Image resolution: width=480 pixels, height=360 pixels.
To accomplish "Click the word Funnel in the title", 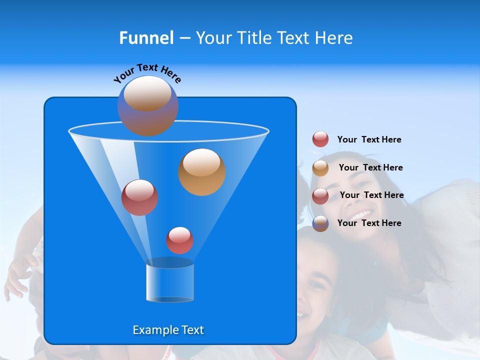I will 146,38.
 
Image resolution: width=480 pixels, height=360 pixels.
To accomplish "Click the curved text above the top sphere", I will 147,72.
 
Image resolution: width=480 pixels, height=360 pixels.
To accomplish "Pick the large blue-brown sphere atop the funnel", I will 147,106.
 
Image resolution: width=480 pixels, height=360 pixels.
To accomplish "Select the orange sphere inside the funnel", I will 201,172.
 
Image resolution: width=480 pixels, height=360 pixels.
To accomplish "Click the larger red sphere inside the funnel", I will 139,197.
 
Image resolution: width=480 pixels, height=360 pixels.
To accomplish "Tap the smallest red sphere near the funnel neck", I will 179,240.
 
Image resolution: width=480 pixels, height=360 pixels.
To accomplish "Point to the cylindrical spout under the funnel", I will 169,283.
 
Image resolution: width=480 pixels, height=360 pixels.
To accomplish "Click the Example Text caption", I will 168,330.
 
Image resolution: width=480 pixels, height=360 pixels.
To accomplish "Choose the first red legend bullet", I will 320,139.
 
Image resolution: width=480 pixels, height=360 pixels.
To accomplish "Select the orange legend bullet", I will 320,168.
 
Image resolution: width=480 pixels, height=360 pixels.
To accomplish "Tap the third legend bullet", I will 320,196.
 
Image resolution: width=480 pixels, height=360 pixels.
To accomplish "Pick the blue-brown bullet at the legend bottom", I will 320,223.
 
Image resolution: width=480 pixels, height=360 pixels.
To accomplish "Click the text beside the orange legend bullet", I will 370,167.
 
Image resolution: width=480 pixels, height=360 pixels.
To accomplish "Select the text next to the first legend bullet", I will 369,139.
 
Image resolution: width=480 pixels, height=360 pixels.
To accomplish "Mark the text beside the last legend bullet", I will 369,223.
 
